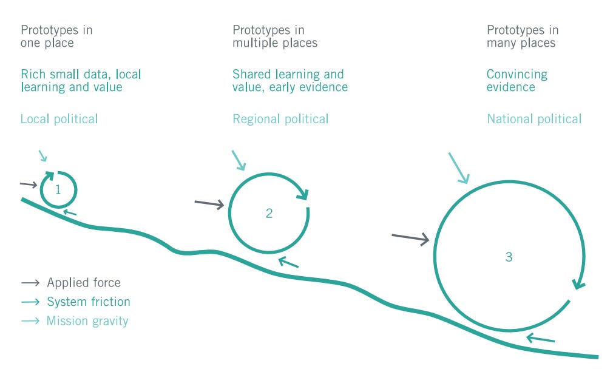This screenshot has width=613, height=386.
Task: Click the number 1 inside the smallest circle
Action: pyautogui.click(x=58, y=190)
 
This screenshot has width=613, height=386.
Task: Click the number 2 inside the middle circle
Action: pyautogui.click(x=269, y=213)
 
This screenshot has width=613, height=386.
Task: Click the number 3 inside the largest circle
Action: pyautogui.click(x=509, y=257)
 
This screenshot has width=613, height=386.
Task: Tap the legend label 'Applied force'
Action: pyautogui.click(x=84, y=282)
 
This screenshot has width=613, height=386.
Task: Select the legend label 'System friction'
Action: pyautogui.click(x=89, y=302)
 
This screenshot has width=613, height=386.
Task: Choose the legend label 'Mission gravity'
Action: pyautogui.click(x=87, y=321)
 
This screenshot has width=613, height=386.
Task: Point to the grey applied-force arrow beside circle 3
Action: pyautogui.click(x=410, y=238)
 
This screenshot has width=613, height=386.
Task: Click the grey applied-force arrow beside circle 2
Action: pyautogui.click(x=209, y=203)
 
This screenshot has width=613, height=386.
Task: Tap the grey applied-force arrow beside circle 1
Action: pyautogui.click(x=29, y=185)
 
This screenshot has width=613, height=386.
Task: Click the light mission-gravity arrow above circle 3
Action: pyautogui.click(x=459, y=168)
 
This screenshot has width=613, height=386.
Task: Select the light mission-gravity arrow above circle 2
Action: pyautogui.click(x=239, y=160)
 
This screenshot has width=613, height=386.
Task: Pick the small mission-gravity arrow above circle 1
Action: pyautogui.click(x=42, y=155)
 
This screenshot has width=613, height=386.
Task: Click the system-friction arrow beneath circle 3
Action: pyautogui.click(x=540, y=338)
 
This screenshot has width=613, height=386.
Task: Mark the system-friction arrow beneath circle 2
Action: pyautogui.click(x=288, y=262)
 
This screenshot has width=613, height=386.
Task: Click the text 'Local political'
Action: pyautogui.click(x=59, y=119)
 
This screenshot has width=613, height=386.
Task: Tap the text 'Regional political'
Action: pyautogui.click(x=280, y=119)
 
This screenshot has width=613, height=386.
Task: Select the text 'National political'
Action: pyautogui.click(x=534, y=119)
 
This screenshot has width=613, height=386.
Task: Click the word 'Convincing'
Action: pyautogui.click(x=517, y=74)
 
